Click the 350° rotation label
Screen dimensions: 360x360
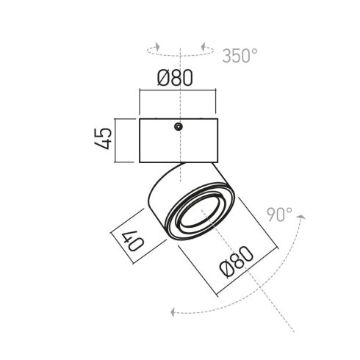240,56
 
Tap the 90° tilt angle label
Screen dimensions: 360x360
279,215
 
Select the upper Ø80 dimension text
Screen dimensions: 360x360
175,78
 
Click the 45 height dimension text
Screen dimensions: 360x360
103,138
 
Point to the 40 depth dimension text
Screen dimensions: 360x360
132,241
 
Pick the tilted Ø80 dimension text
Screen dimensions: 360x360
237,262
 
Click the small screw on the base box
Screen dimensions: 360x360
179,126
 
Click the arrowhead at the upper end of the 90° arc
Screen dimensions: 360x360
301,217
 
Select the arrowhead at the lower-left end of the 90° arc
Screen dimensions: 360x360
173,312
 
